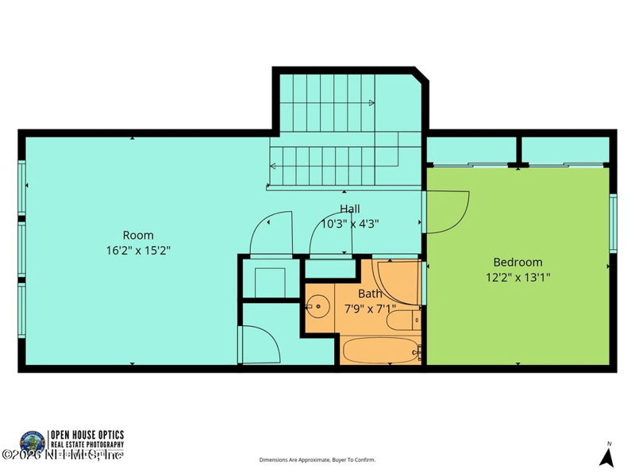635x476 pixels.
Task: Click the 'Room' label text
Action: click(138, 235)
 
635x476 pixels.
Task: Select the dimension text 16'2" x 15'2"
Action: click(138, 249)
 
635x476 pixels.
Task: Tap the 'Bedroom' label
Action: click(518, 262)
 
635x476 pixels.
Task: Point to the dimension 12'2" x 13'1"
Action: click(518, 277)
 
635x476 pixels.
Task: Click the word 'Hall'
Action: click(349, 209)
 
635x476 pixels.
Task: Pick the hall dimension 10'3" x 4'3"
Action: click(349, 224)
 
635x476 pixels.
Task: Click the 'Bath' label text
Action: click(370, 293)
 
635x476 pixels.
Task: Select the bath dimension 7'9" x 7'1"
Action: click(370, 308)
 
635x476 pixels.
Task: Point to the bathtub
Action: click(380, 350)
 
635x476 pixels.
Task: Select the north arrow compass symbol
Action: click(607, 456)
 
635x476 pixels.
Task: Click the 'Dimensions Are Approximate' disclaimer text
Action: click(317, 459)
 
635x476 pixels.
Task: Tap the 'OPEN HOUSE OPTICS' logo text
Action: click(87, 435)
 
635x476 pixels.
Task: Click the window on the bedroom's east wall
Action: click(613, 223)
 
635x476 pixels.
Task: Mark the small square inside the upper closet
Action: click(269, 279)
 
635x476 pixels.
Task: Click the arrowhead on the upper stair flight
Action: click(371, 102)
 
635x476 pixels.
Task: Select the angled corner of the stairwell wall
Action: click(421, 75)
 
